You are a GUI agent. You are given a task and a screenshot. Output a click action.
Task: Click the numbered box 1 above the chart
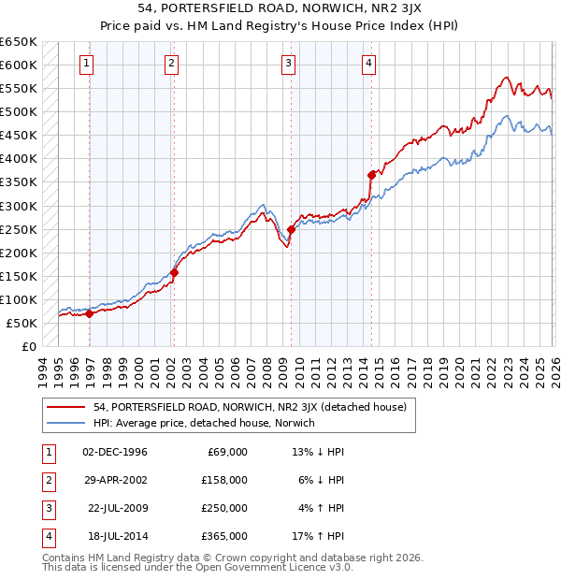click(86, 64)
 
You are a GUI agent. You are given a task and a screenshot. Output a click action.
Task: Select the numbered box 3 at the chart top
click(288, 64)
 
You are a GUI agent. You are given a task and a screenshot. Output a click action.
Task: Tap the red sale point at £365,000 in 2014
click(371, 174)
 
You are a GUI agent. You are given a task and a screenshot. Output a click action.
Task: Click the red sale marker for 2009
click(291, 228)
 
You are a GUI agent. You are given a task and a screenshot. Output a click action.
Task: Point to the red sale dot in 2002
click(174, 272)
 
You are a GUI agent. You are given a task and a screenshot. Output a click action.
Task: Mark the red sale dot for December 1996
click(89, 314)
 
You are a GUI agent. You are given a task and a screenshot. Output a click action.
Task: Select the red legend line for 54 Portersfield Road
click(67, 407)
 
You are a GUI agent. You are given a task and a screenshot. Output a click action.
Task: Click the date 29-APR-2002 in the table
click(115, 480)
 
